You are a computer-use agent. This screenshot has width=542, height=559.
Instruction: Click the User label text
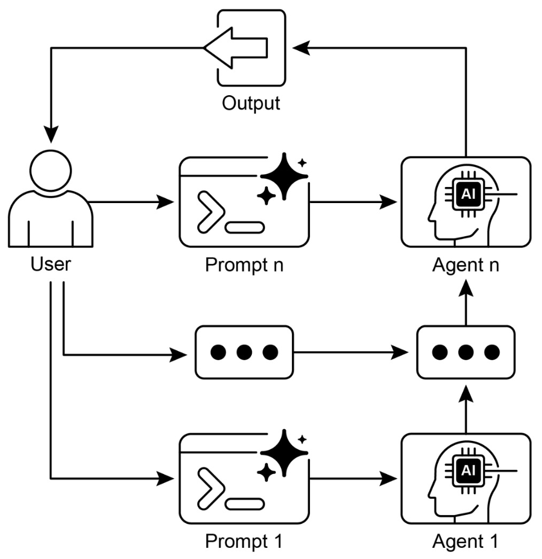coord(51,265)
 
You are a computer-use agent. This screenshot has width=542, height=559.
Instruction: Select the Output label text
coord(251,103)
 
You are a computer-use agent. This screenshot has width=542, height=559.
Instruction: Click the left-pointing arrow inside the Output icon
coord(235,48)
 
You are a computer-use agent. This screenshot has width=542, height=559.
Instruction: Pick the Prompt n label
coord(244,265)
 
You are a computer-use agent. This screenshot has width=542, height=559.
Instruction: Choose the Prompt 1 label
coord(244,541)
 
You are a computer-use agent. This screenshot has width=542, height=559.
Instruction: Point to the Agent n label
coord(466,265)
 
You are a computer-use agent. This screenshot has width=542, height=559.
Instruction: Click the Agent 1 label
coord(466,541)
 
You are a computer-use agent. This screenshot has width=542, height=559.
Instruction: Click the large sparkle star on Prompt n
coord(283,176)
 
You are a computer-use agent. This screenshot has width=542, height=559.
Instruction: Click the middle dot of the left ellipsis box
coord(244,352)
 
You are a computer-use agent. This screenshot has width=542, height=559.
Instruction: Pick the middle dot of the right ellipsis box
coord(466,352)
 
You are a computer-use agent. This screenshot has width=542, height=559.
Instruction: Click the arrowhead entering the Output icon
coord(300,48)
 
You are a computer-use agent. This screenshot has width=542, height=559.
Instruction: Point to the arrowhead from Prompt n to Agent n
coord(389,203)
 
